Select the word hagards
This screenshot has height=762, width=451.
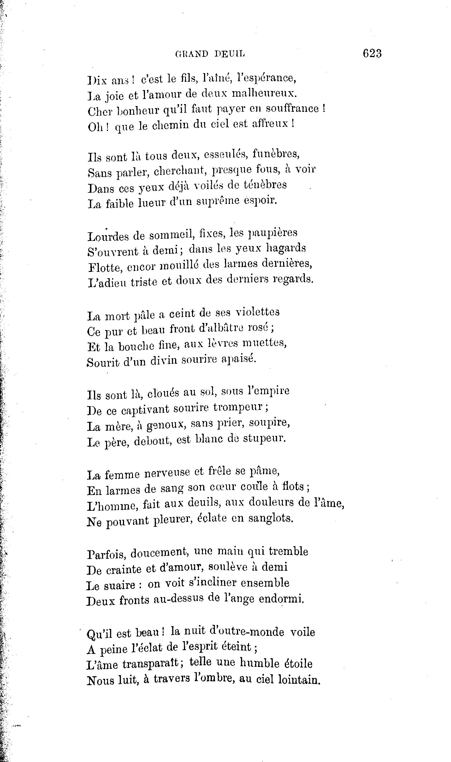click(286, 248)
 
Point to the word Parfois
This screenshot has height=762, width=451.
click(106, 553)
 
